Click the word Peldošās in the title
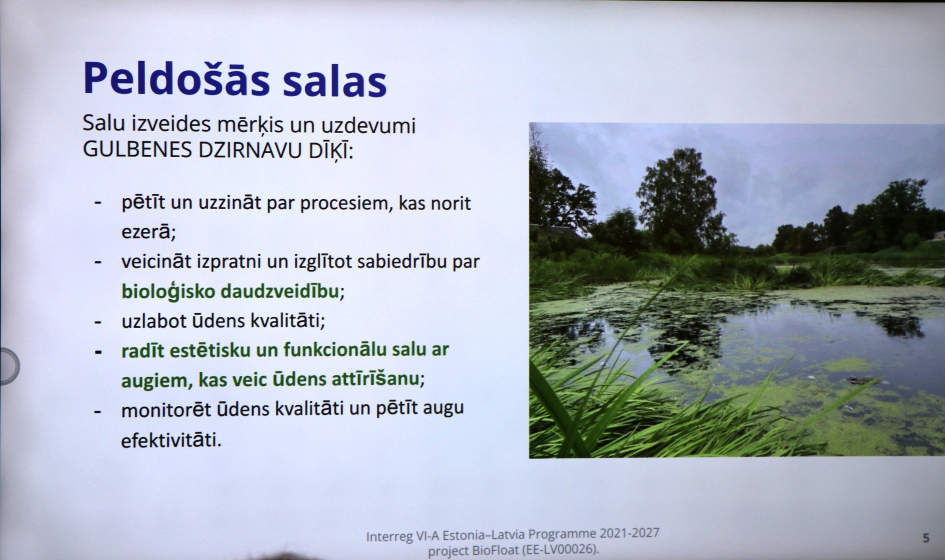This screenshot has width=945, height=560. (177, 79)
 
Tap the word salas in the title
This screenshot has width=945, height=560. (335, 80)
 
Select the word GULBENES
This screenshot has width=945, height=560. (137, 150)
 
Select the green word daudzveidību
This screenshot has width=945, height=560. (280, 291)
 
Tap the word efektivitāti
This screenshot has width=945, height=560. (171, 440)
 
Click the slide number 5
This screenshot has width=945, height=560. (926, 538)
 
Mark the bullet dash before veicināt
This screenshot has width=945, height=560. (97, 262)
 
